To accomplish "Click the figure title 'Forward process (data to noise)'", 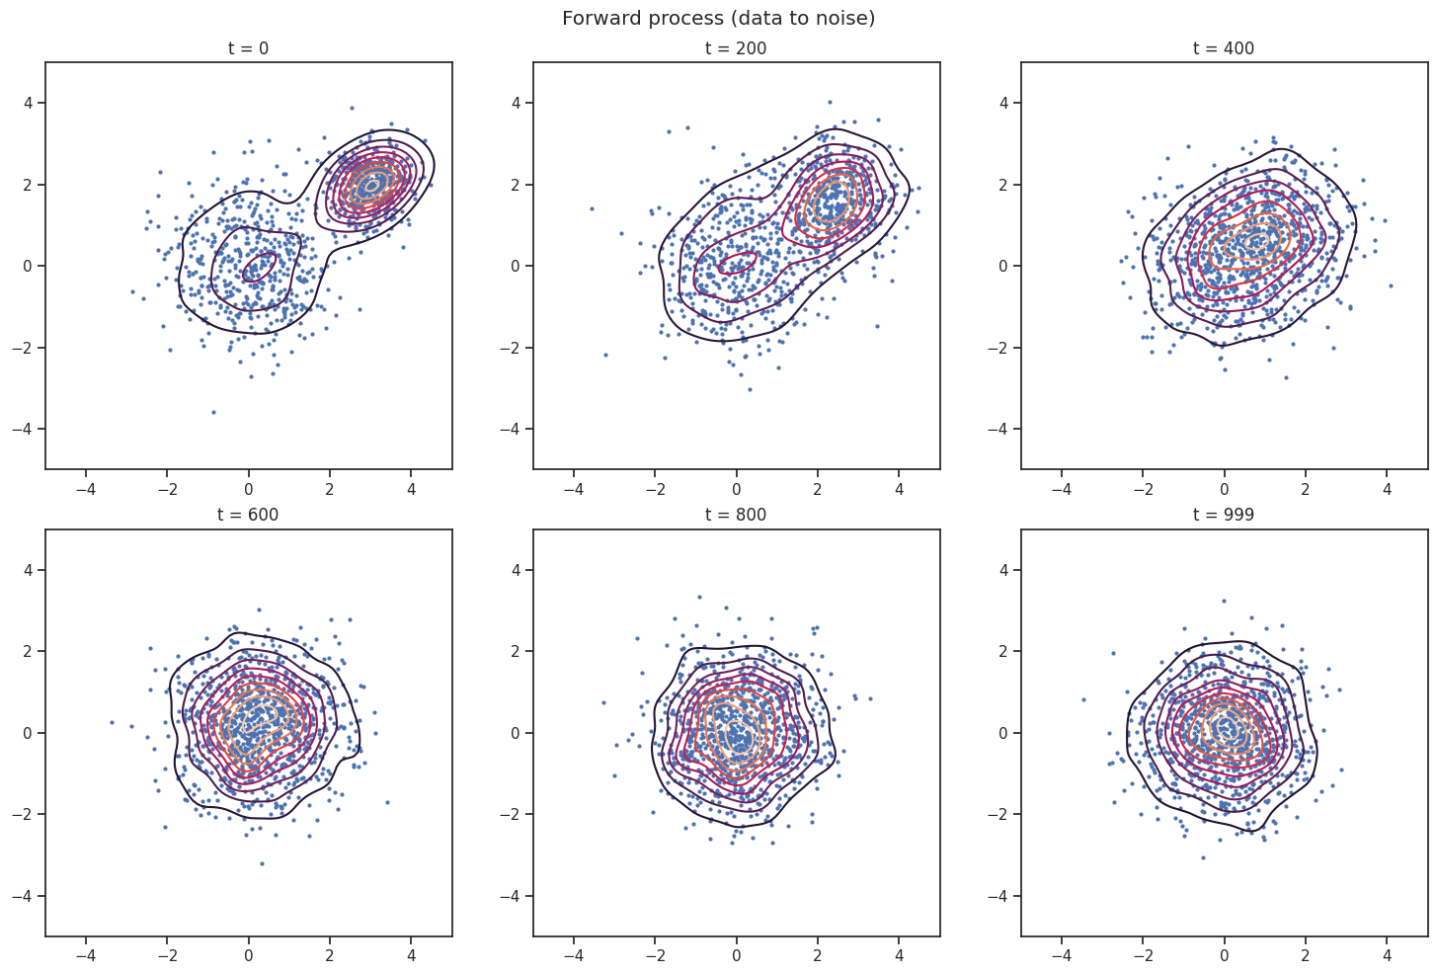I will (x=718, y=18).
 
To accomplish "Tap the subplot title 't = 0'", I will (x=248, y=48).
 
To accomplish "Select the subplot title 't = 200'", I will (x=736, y=48).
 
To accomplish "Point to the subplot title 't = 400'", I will (x=1224, y=48).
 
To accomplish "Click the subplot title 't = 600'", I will (x=248, y=515).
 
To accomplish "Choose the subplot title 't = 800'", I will (x=736, y=515).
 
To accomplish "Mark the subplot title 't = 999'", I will (x=1224, y=515).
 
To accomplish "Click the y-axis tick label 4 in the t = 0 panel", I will (x=28, y=103).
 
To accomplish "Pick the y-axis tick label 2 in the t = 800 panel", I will (x=516, y=652).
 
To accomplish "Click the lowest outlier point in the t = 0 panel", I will (x=213, y=412).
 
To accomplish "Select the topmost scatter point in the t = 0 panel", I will (x=352, y=109).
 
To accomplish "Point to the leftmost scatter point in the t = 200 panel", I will (x=592, y=208).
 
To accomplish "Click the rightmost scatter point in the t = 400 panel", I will (x=1391, y=285).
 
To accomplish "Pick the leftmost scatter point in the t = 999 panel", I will (x=1083, y=699).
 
